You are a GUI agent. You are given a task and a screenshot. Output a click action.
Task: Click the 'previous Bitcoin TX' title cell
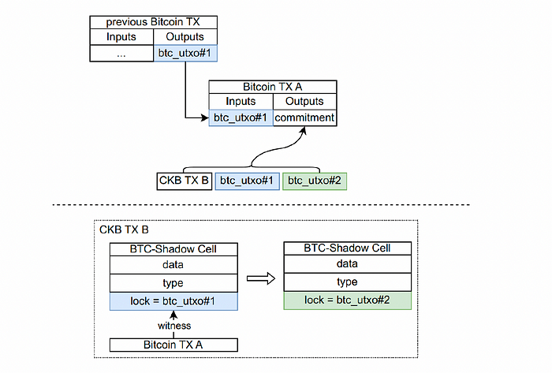(x=153, y=22)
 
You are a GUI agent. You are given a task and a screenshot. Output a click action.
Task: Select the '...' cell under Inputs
(x=121, y=54)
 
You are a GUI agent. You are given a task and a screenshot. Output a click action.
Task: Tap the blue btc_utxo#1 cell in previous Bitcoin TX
(x=185, y=53)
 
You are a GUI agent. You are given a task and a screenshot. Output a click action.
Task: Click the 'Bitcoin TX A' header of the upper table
(x=273, y=87)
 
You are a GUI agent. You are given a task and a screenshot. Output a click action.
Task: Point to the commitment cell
(x=304, y=117)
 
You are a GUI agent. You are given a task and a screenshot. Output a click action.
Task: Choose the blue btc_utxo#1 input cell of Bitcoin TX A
(x=241, y=117)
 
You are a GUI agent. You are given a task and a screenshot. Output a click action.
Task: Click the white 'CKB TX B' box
(x=184, y=181)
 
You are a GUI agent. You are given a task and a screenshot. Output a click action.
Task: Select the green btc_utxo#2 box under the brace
(x=315, y=181)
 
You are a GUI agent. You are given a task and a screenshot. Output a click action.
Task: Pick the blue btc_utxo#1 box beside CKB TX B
(x=247, y=181)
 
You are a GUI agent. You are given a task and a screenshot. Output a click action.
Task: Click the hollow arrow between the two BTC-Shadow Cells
(x=261, y=278)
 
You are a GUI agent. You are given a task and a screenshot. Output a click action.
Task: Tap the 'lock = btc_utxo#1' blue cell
(x=173, y=301)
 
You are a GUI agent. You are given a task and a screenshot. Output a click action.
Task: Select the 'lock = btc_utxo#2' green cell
(x=348, y=300)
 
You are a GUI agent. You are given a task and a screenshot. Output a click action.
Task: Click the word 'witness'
(x=174, y=326)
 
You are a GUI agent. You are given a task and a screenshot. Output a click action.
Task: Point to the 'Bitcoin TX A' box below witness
(x=173, y=345)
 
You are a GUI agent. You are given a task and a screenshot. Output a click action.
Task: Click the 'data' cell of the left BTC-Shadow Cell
(x=173, y=265)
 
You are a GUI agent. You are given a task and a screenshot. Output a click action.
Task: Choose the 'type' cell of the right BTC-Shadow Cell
(x=348, y=282)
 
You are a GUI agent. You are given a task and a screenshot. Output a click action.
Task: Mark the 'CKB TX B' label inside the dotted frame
(x=124, y=229)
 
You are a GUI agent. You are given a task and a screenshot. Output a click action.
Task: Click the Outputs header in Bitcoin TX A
(x=304, y=102)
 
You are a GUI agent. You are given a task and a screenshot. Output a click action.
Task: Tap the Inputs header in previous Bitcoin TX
(x=121, y=37)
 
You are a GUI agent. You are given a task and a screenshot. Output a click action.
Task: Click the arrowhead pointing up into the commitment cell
(x=304, y=131)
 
